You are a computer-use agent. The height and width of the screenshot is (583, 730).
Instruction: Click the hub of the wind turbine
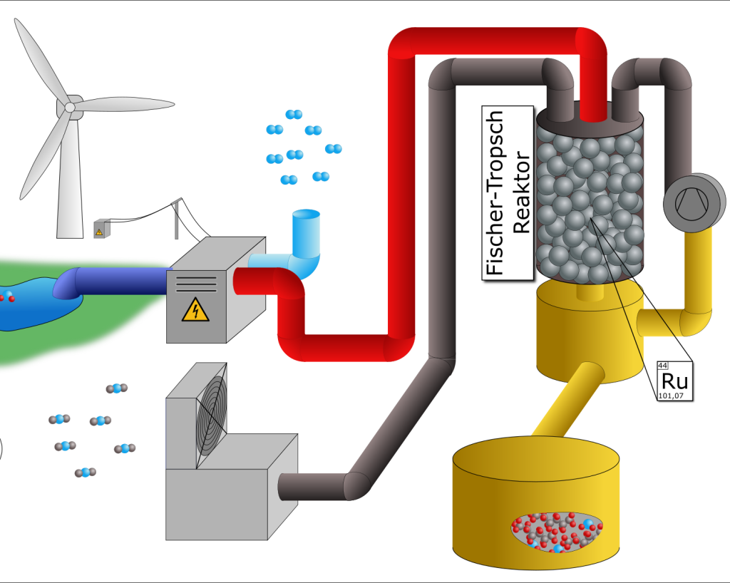pos(70,107)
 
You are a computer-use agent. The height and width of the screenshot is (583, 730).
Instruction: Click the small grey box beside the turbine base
pos(99,229)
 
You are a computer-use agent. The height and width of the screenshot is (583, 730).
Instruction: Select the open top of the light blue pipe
pos(307,215)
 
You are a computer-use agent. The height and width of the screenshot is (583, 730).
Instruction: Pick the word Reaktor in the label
pos(521,192)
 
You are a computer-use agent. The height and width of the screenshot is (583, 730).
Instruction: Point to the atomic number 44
pos(662,366)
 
